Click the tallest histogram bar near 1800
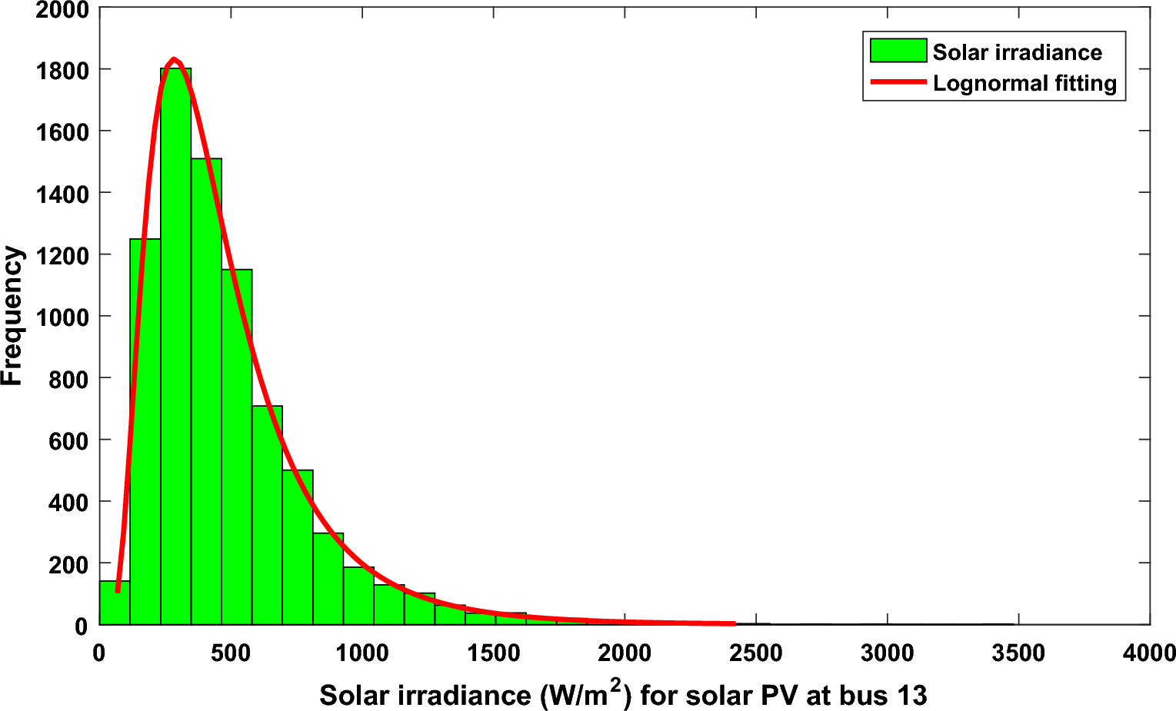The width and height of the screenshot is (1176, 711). [176, 346]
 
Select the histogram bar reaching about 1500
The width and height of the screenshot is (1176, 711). [206, 392]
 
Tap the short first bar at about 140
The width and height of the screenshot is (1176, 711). [115, 603]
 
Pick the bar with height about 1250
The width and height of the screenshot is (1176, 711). [145, 430]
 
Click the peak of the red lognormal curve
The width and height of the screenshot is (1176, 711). [175, 59]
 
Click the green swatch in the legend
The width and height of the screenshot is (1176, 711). [898, 51]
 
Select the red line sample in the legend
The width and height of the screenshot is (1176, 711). [898, 81]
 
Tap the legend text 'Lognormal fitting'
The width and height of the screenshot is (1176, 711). [1024, 83]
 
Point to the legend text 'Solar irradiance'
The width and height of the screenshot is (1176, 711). [1017, 52]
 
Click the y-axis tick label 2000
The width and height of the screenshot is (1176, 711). [62, 10]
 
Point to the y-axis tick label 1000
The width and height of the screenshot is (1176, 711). [62, 317]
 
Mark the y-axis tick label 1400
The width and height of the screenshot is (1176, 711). [62, 193]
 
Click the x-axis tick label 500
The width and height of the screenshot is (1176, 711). [231, 653]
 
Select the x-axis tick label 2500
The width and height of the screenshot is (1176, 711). [756, 653]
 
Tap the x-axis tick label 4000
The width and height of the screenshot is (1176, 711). [1149, 653]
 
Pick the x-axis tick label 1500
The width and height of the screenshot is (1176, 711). [494, 653]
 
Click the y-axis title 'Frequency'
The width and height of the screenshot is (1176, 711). [12, 316]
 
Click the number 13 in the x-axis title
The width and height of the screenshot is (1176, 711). [912, 696]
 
